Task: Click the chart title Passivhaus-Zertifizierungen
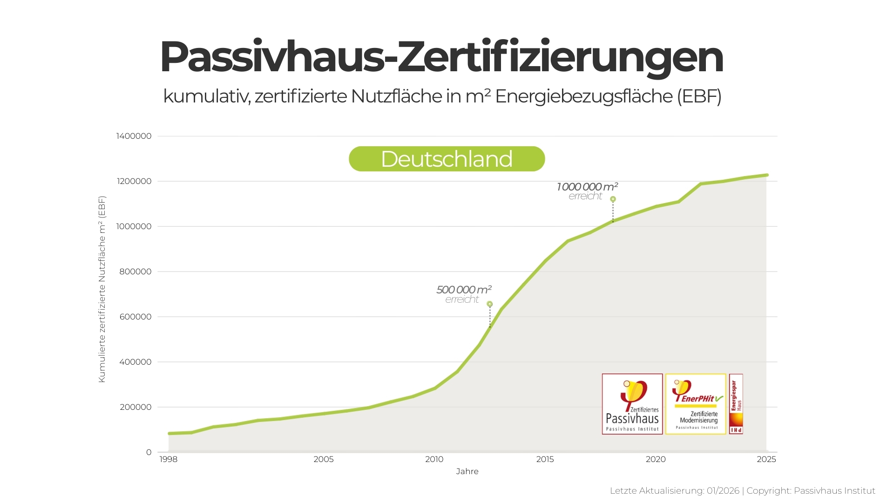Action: pos(441,58)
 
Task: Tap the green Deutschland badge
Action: pos(447,159)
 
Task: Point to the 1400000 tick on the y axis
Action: pos(134,136)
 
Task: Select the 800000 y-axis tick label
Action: pos(135,272)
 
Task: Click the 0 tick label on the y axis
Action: pos(149,452)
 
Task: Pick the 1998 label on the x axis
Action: pos(169,460)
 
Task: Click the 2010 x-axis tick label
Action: pos(434,460)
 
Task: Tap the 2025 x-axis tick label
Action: pos(766,460)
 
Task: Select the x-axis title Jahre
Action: pos(467,471)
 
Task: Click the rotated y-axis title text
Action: pos(102,289)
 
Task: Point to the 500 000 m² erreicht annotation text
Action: pos(463,294)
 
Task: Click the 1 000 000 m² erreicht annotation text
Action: pos(587,191)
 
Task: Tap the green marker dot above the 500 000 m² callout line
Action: pos(489,304)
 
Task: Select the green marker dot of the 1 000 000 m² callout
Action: pos(613,199)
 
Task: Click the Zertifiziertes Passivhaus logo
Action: pos(632,404)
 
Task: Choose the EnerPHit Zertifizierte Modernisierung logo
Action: pos(696,404)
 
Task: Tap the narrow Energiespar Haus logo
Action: pos(736,404)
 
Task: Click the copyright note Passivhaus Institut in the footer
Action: pos(834,491)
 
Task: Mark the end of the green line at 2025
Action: pos(766,175)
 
